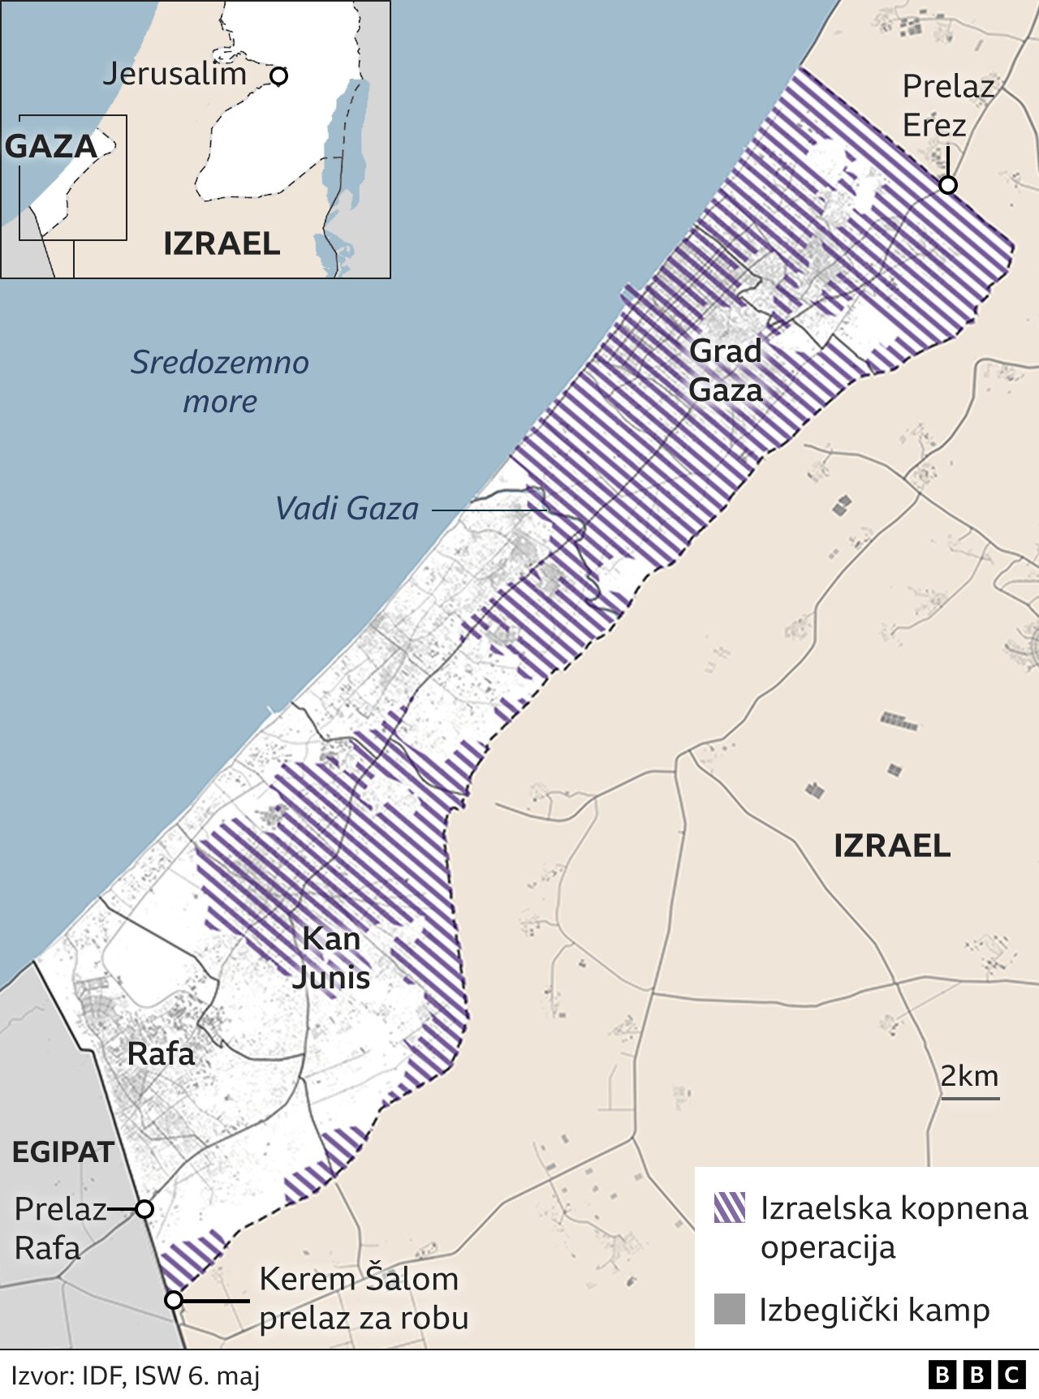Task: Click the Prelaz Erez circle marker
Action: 947,185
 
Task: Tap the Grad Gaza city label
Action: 726,371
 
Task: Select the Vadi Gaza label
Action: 347,509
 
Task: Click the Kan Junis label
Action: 331,958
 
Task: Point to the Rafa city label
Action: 161,1054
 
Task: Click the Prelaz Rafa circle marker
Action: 144,1209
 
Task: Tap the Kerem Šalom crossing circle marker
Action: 174,1300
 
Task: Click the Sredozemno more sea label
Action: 220,381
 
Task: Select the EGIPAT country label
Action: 63,1151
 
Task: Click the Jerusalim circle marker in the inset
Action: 278,76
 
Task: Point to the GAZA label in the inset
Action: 51,147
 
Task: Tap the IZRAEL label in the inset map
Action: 222,243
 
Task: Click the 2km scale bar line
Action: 970,1099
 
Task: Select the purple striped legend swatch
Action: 729,1207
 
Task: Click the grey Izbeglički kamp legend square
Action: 729,1309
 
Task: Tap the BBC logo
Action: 976,1375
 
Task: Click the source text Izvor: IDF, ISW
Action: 136,1375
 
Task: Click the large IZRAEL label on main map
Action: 891,846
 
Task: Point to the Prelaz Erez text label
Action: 947,105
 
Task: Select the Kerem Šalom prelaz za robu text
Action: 363,1298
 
